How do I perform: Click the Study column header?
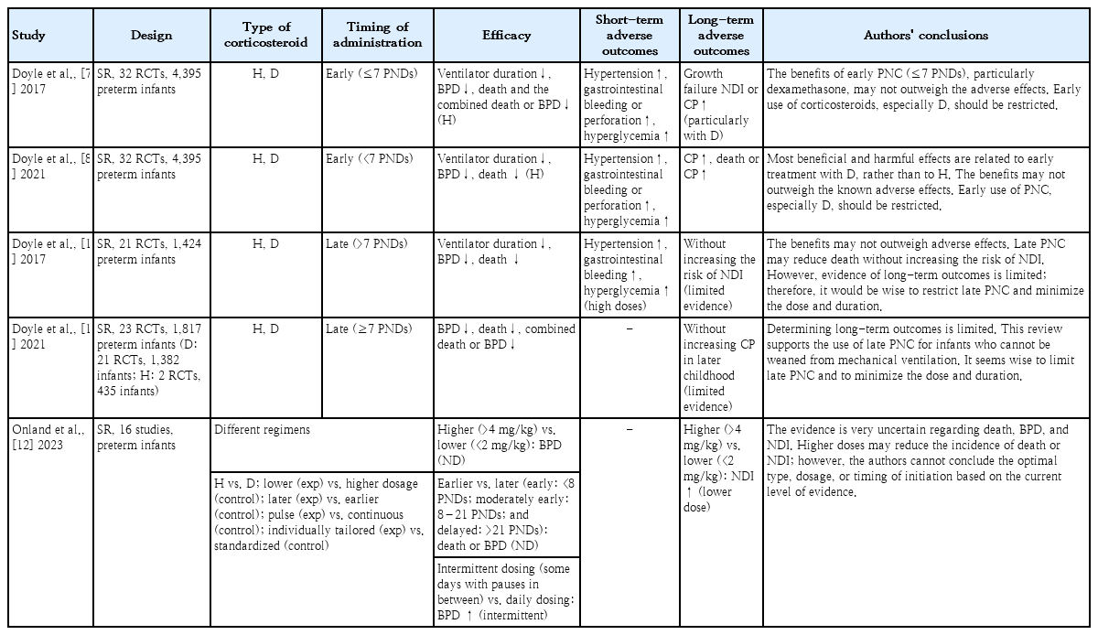(x=28, y=36)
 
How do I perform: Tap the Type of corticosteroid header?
(x=266, y=36)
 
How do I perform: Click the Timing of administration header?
(x=377, y=36)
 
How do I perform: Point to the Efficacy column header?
(x=506, y=36)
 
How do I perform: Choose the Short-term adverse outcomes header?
(x=631, y=36)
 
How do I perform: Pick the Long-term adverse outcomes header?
(x=722, y=36)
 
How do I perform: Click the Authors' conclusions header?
(x=925, y=36)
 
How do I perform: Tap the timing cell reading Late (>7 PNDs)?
(x=366, y=244)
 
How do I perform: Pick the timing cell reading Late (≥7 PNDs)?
(x=366, y=329)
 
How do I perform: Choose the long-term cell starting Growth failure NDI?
(x=722, y=103)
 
